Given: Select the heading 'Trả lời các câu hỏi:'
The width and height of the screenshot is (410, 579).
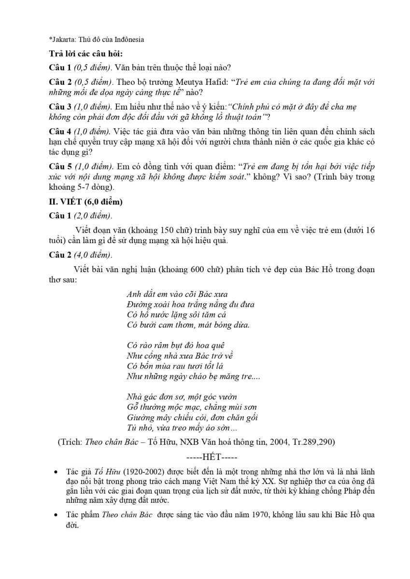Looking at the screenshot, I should [89, 54].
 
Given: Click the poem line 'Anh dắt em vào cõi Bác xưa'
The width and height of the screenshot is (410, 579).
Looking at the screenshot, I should [177, 294].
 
